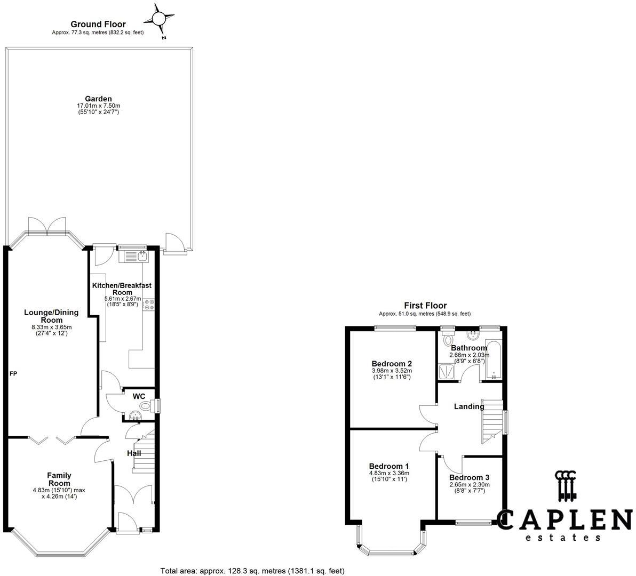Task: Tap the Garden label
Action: pos(98,99)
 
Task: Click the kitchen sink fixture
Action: pos(142,257)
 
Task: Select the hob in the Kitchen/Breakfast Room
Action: pos(149,304)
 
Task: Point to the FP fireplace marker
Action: pos(13,373)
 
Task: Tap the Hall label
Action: pos(134,453)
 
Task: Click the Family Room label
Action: pos(59,479)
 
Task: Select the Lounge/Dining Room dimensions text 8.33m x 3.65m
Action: pos(51,327)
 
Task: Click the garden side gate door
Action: pos(174,243)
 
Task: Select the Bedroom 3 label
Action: pos(469,477)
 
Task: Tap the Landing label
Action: pos(468,406)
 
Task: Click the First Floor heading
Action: pos(425,306)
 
